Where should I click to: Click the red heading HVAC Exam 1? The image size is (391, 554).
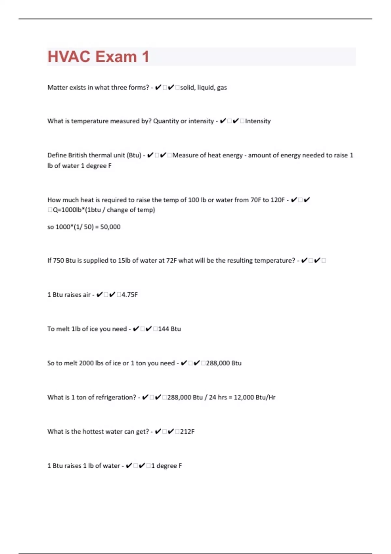pos(98,57)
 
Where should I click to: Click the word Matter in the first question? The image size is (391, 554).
pos(57,87)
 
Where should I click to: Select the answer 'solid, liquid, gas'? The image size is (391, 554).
pos(203,87)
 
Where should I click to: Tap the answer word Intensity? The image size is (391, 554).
pos(258,121)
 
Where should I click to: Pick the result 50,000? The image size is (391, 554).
pos(110,227)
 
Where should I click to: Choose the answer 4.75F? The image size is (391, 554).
pos(129,295)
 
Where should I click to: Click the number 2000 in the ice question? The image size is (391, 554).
pos(86,363)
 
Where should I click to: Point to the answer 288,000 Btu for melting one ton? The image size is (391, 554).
pos(224,363)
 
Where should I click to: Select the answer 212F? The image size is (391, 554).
pos(187,431)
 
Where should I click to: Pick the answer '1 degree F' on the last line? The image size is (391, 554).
pos(167,466)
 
